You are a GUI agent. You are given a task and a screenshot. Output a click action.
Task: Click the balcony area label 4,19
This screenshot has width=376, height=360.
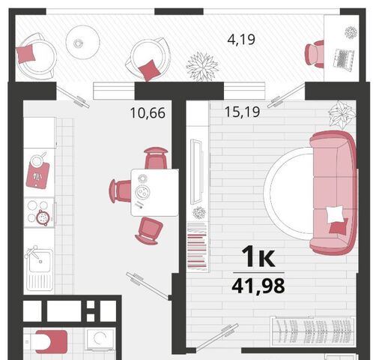click(241, 40)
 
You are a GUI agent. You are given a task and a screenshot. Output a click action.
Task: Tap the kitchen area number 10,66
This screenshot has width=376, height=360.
click(148, 112)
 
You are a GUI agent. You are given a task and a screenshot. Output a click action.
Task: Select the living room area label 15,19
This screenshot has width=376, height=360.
click(242, 112)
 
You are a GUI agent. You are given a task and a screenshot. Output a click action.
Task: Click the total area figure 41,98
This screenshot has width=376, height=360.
click(258, 286)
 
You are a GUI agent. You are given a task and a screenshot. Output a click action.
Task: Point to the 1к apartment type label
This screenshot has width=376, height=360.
click(258, 256)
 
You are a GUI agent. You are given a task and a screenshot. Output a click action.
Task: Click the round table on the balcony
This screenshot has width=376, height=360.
click(82, 42)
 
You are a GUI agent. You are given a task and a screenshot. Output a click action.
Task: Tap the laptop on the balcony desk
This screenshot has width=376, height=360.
click(344, 58)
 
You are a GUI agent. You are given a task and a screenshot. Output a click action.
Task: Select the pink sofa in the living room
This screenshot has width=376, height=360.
click(333, 193)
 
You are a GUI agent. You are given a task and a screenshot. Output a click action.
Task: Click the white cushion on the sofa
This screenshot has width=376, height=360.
click(336, 214)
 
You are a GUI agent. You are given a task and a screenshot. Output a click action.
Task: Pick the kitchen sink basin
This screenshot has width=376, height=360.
click(40, 262)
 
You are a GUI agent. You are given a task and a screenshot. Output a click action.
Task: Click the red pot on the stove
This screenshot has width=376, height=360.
click(43, 217)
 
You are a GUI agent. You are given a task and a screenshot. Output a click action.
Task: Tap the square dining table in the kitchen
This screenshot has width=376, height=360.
click(155, 193)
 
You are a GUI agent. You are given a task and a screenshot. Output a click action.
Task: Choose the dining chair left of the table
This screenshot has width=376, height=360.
click(120, 191)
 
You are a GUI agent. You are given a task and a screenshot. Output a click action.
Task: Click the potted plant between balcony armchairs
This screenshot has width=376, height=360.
click(202, 66)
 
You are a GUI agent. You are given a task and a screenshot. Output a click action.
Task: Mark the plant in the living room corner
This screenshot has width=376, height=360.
click(342, 114)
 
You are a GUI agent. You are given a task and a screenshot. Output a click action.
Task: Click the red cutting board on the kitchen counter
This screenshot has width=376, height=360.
click(38, 175)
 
